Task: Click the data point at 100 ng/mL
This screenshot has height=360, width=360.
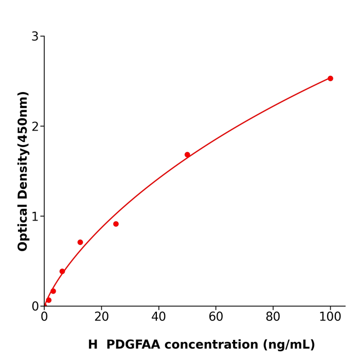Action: pos(330,79)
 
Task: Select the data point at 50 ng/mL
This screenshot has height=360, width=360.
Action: pos(187,155)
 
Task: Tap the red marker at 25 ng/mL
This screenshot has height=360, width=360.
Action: pos(116,224)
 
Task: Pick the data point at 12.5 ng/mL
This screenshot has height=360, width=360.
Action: pos(80,242)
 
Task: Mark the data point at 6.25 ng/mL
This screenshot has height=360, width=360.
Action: pos(62,271)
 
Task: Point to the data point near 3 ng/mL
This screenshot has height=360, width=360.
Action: pos(53,291)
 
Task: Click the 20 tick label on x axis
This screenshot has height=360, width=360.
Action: pos(101,317)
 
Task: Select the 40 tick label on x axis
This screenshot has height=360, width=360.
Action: pos(158,317)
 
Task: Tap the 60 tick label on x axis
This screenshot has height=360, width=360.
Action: pos(216,317)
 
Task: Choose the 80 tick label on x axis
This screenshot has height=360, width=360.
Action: pos(273,317)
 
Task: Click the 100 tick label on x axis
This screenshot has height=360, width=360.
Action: pos(330,317)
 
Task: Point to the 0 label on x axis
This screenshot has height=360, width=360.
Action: pos(44,317)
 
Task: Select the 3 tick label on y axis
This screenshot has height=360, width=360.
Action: pos(35,37)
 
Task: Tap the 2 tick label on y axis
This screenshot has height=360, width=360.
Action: pos(35,127)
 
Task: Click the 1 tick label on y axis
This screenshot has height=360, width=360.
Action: pos(35,217)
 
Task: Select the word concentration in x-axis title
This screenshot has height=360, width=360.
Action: pos(219,345)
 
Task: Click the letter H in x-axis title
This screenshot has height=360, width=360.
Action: pos(93,345)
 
